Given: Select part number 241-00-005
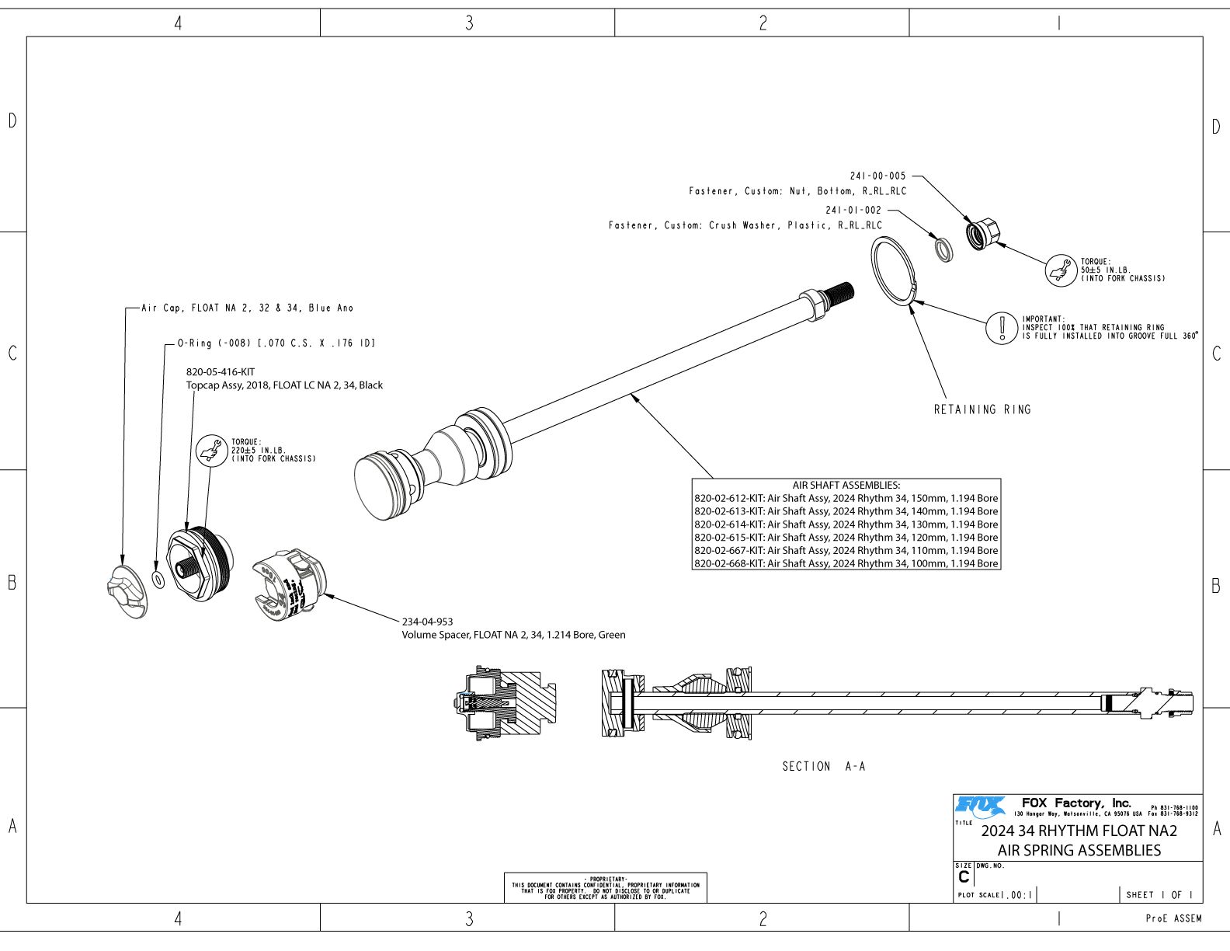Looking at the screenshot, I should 877,176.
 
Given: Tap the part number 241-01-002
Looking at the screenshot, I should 853,211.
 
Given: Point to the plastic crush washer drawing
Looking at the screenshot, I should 943,250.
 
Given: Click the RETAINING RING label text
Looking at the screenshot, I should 982,409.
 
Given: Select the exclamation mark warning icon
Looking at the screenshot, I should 1002,328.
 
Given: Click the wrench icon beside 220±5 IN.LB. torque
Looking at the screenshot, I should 210,450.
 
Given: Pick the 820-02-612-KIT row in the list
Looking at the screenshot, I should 846,499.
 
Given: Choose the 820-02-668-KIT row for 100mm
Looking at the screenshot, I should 846,563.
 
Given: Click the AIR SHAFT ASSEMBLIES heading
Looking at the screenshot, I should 846,486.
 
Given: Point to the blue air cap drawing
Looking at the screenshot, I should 127,591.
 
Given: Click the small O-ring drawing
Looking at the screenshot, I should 159,580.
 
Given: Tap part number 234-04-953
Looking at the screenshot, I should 427,622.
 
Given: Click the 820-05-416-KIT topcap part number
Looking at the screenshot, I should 221,372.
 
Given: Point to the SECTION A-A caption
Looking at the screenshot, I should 823,767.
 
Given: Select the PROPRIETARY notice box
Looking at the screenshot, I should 606,887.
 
